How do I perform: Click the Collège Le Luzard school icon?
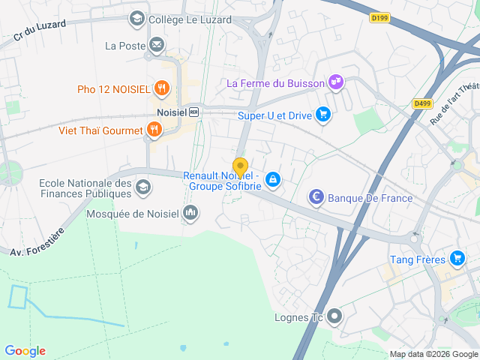137,18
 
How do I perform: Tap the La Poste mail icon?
157,46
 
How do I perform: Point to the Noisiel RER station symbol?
194,112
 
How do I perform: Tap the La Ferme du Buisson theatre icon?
336,82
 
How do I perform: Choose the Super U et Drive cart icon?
323,115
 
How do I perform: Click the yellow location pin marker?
240,166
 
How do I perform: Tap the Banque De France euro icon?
316,198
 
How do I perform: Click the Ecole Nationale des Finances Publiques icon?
143,186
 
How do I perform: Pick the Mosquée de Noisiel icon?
190,214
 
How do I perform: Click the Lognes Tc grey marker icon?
334,316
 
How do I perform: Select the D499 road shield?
421,104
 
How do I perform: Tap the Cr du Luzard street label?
40,28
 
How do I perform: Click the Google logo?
25,350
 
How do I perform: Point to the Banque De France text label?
370,198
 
